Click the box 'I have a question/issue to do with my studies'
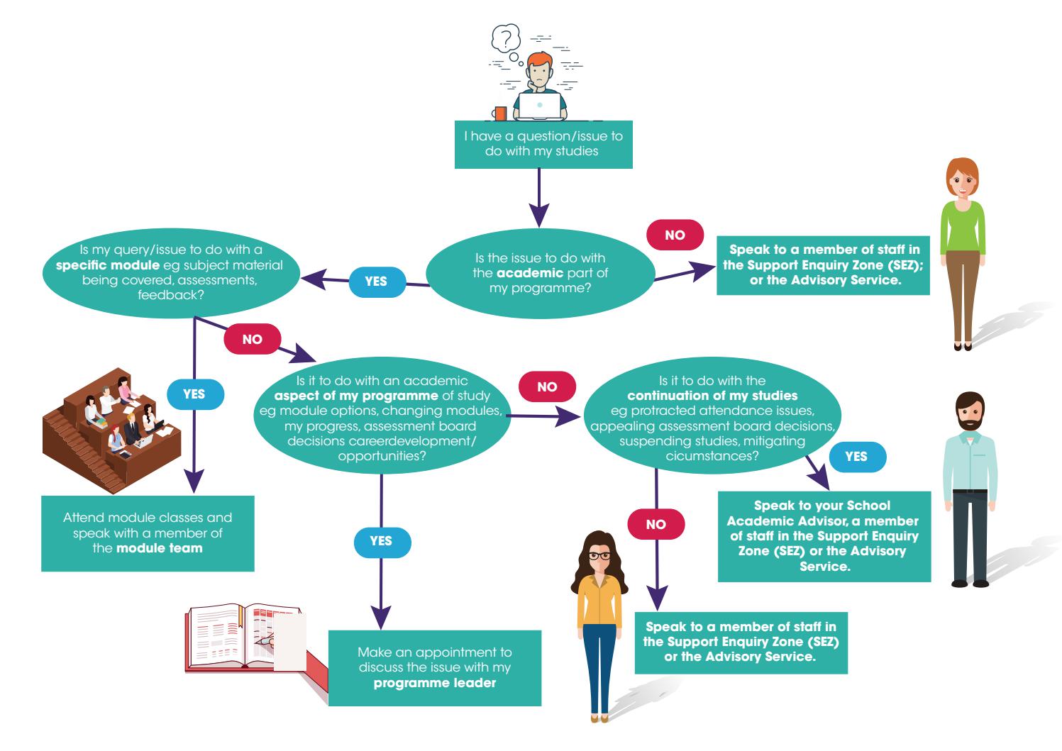coord(543,144)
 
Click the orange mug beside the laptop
coord(501,113)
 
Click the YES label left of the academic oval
coord(376,282)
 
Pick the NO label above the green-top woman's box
coord(675,235)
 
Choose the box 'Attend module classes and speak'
coord(148,533)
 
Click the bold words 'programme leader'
coord(434,684)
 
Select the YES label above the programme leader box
coord(381,541)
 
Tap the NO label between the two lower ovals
coord(548,386)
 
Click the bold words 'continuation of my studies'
coord(712,396)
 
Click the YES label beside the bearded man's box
coord(856,457)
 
